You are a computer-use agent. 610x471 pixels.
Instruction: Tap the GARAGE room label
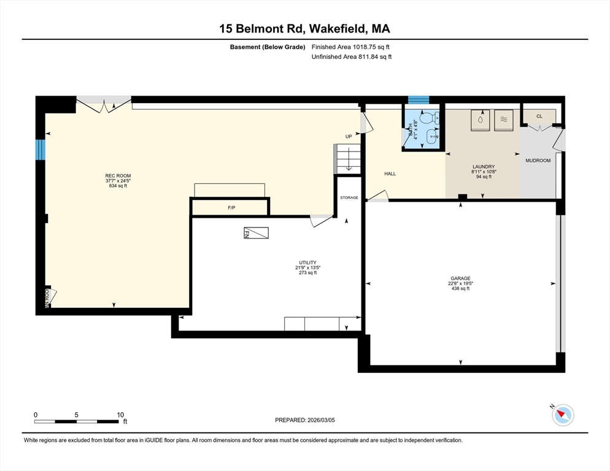(460, 278)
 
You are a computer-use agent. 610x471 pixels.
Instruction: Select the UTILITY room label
(307, 262)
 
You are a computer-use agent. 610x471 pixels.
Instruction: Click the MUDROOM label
(538, 161)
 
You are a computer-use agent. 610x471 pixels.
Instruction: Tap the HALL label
(390, 174)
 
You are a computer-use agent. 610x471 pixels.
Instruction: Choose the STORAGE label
(349, 197)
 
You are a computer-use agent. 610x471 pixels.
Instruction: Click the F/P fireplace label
(231, 208)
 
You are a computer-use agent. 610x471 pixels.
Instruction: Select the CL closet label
(539, 116)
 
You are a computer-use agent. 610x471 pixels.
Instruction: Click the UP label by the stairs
(349, 136)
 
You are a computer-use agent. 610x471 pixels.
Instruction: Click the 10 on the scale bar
(120, 415)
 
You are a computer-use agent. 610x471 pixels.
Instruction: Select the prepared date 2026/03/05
(305, 420)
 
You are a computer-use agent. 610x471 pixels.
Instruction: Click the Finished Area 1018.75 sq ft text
(351, 47)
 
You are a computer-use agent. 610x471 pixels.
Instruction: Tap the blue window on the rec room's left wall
(41, 148)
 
